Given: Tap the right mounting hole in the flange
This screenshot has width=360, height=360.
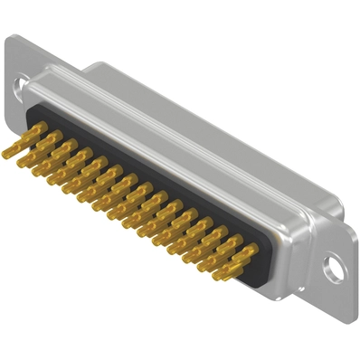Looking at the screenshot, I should [x=336, y=269].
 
